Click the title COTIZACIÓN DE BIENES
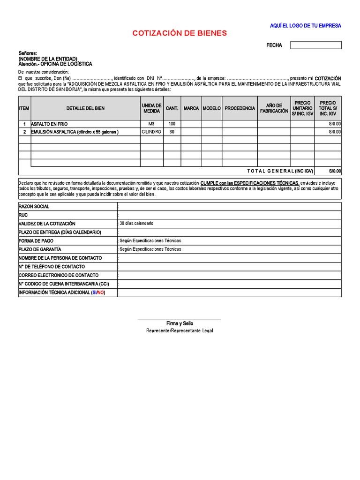tap(180, 33)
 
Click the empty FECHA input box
tap(315, 45)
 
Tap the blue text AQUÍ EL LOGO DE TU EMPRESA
tap(305, 26)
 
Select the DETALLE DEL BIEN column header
tap(85, 108)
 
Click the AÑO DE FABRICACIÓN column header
tap(274, 108)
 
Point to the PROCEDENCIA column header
tap(240, 108)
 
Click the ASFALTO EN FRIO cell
tap(50, 124)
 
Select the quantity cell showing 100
tap(172, 124)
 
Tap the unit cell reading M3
tap(151, 124)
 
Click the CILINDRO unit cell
tap(151, 132)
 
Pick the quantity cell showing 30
tap(172, 132)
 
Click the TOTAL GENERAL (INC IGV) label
tap(280, 171)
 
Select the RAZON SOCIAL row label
tap(34, 207)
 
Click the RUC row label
tap(23, 215)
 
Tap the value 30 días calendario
tap(136, 224)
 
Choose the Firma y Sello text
tap(180, 323)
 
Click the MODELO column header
tap(211, 108)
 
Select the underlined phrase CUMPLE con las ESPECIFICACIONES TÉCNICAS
tap(249, 182)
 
